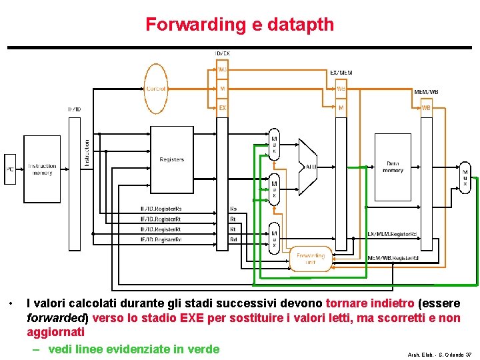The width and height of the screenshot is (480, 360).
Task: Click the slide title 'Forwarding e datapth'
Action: coord(240,25)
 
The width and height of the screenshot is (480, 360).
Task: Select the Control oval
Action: coord(156,89)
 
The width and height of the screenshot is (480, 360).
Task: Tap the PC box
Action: coord(10,169)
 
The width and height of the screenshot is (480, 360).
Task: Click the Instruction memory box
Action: coord(42,169)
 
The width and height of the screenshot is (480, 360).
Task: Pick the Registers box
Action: coord(171,160)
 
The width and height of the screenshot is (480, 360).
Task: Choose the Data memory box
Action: coord(393,167)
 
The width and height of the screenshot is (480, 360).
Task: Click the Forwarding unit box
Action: coord(310,258)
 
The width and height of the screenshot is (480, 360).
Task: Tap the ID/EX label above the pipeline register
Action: coord(222,53)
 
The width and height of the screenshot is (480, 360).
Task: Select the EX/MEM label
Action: coord(341,72)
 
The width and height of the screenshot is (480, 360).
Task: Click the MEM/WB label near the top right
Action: coord(426,92)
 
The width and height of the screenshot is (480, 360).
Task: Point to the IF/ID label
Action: coord(74,109)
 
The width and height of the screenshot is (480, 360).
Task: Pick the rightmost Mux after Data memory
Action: coord(465,177)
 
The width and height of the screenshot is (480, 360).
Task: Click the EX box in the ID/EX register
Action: coord(222,107)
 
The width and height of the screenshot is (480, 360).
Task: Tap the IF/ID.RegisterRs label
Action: coord(161,209)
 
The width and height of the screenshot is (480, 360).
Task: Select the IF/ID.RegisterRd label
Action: coord(161,239)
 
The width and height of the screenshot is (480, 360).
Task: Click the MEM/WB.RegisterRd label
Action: coord(393,258)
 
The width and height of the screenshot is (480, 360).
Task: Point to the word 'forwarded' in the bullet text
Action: coord(57,318)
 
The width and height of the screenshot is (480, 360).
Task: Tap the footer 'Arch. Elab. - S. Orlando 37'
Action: coord(439,355)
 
